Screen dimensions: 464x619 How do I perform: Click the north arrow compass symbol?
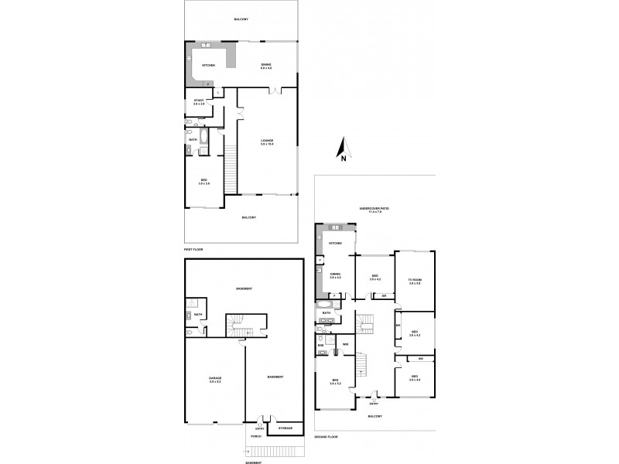click(343, 148)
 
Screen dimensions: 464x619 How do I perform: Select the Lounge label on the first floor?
click(267, 142)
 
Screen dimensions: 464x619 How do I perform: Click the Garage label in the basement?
click(215, 379)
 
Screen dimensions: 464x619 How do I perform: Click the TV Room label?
click(415, 281)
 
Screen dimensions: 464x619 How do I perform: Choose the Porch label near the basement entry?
click(256, 435)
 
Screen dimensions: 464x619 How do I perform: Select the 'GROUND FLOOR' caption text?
click(326, 438)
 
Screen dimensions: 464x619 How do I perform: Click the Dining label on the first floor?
click(267, 66)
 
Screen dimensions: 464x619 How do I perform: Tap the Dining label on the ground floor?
click(336, 275)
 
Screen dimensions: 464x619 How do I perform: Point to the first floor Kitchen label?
click(208, 65)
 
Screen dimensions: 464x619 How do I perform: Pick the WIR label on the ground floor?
click(346, 343)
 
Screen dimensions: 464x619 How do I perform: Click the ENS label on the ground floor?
click(320, 345)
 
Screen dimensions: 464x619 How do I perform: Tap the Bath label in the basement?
click(198, 314)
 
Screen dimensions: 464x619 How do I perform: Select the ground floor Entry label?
click(374, 403)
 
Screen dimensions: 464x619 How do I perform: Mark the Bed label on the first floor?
click(203, 181)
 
